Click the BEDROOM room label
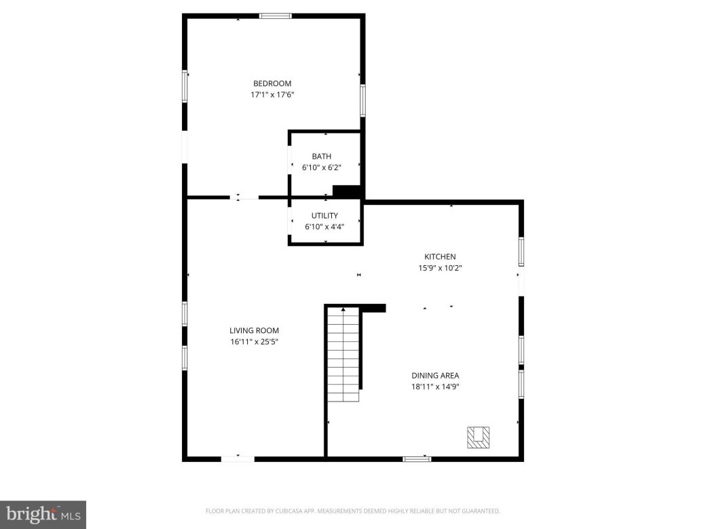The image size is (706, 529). (272, 83)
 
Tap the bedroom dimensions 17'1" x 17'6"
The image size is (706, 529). (272, 95)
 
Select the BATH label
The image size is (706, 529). (322, 157)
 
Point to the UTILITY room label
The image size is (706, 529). (324, 216)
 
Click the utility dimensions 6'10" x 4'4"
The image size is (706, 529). (324, 227)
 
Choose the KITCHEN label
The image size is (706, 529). (440, 256)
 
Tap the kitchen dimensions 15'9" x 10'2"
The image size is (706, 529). (440, 268)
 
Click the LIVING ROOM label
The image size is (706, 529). (254, 331)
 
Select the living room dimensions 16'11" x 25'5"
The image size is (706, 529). (254, 342)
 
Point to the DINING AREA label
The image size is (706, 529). (435, 375)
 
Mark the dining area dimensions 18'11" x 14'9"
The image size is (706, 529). (435, 387)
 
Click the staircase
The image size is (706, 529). (343, 354)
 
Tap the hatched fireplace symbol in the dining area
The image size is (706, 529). (478, 437)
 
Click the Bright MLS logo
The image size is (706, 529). (42, 515)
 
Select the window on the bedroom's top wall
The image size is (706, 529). (276, 16)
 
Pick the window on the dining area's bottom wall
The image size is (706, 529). (417, 459)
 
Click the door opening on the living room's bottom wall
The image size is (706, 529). (238, 459)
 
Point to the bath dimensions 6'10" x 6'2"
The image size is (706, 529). (322, 168)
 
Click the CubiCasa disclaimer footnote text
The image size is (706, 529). (352, 511)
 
